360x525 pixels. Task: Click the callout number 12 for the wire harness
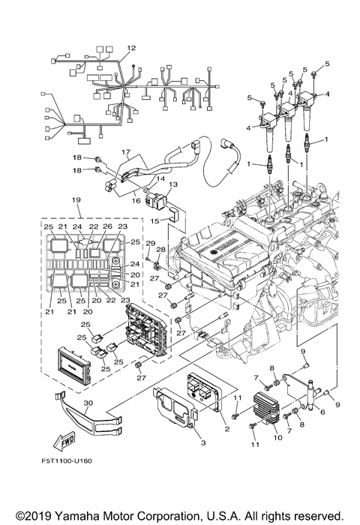click(131, 48)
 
